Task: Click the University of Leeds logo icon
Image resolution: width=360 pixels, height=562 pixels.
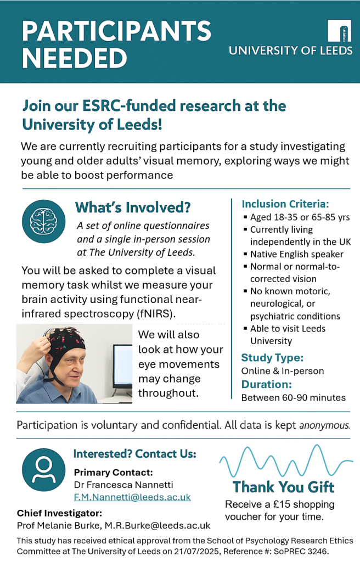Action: coord(339,31)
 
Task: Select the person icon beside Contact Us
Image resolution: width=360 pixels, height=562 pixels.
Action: coord(43,470)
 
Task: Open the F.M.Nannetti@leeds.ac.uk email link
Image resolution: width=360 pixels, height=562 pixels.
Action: coord(132,497)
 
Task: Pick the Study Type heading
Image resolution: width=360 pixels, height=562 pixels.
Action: coord(272,358)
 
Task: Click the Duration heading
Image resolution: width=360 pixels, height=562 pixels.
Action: coord(266,384)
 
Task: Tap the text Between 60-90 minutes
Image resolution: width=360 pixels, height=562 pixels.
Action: coord(294,397)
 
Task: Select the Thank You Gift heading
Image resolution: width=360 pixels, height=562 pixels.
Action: coord(283,487)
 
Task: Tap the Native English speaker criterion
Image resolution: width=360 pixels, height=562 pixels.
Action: coord(297,254)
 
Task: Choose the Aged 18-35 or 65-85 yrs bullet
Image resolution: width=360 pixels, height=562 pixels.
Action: coord(300,217)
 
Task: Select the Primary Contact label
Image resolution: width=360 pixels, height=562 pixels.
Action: coord(113,473)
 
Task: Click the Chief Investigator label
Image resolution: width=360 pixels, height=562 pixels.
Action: coord(59,513)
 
